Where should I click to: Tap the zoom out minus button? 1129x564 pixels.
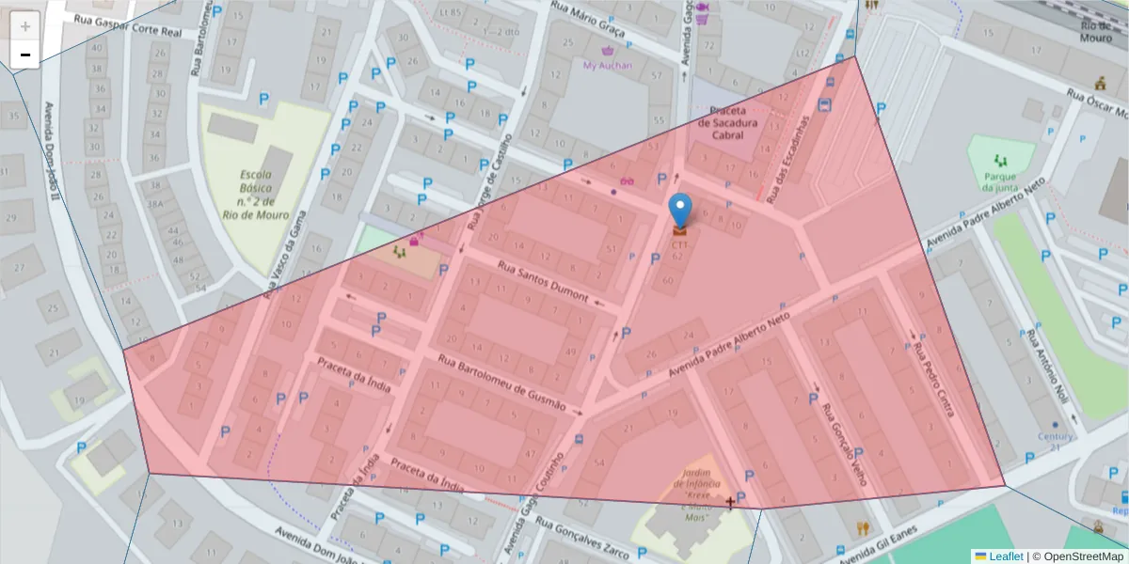pyautogui.click(x=25, y=55)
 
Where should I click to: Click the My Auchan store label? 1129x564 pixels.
pyautogui.click(x=608, y=65)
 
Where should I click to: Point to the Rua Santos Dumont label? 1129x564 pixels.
pyautogui.click(x=543, y=282)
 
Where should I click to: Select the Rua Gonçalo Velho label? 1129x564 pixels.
pyautogui.click(x=843, y=446)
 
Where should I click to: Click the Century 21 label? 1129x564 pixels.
pyautogui.click(x=1056, y=442)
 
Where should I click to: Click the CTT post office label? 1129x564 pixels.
pyautogui.click(x=679, y=244)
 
